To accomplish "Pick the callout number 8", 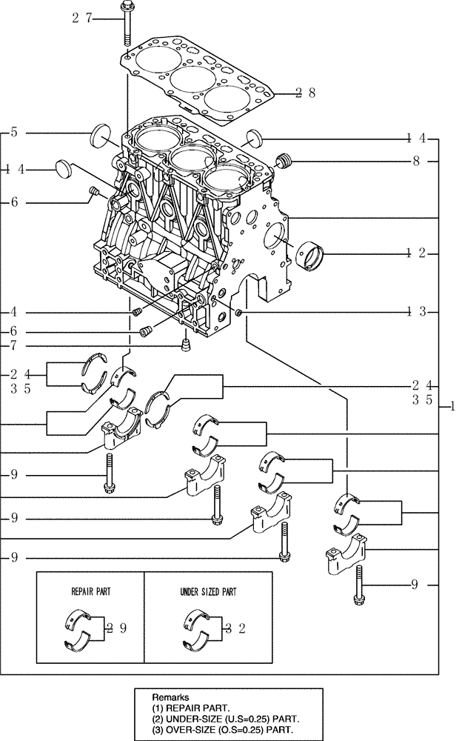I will click(x=417, y=160).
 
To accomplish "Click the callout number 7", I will click(x=13, y=345).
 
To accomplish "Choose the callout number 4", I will click(x=13, y=311).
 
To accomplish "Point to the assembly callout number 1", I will click(x=452, y=407).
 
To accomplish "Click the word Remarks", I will click(x=170, y=697).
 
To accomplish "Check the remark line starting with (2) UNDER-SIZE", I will click(x=227, y=719).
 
